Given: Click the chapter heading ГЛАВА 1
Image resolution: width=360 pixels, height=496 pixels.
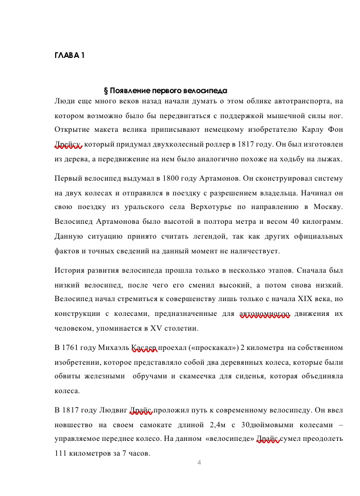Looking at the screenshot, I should click(x=69, y=55).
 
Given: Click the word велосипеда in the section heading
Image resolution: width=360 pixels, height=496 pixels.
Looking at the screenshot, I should click(x=207, y=90).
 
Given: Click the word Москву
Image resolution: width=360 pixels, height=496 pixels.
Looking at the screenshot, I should click(x=328, y=206).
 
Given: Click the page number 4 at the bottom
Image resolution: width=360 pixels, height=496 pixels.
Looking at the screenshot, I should click(x=199, y=462).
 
